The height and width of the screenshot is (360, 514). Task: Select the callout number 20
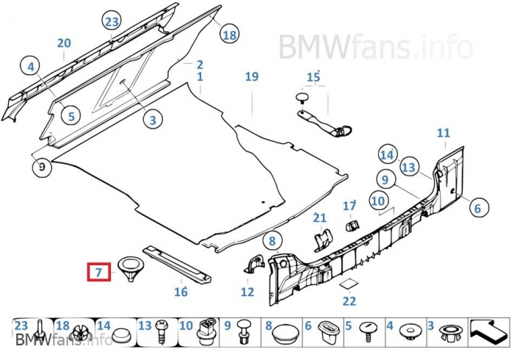64,43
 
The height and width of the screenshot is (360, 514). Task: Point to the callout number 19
252,76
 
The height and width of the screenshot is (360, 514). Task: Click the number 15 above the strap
314,77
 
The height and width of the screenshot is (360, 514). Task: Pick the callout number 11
443,133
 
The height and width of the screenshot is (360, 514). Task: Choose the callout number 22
349,300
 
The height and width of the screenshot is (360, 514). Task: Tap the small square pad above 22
349,284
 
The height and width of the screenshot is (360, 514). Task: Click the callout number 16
181,292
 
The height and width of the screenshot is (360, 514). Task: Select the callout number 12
247,292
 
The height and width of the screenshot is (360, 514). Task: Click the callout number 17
350,206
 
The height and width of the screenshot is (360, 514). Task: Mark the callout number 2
199,65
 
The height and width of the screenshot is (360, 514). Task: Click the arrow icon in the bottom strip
488,331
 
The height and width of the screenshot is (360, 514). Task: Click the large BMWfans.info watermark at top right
374,47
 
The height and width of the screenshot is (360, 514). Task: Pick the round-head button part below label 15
301,96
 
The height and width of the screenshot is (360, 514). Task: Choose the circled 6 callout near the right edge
477,208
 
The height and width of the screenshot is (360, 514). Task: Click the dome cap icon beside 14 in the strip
123,333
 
